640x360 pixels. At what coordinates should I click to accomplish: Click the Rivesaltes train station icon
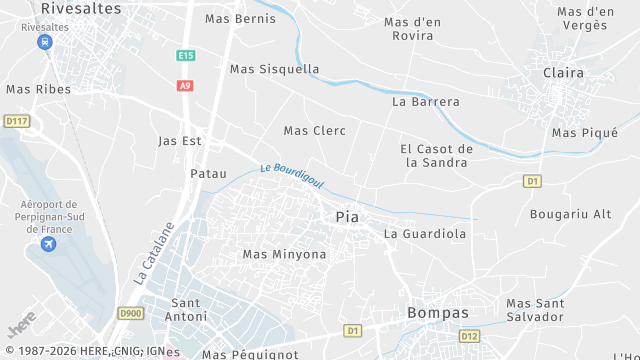tap(44, 42)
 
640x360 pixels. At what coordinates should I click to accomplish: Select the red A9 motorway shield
tap(184, 86)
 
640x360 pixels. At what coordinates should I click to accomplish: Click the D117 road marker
tap(16, 121)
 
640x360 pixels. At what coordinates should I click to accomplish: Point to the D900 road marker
tap(130, 313)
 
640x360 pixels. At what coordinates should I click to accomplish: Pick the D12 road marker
tap(469, 336)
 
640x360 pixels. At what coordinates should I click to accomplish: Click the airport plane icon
tap(47, 244)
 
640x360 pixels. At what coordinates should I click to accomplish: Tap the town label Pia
tap(347, 217)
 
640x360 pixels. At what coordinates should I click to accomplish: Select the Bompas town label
tap(438, 313)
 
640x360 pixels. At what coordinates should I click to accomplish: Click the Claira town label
tap(563, 72)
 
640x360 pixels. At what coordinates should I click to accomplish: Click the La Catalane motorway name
tap(154, 252)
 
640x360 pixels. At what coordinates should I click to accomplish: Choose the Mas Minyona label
tap(284, 254)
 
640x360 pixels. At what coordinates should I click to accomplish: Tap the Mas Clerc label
tap(314, 131)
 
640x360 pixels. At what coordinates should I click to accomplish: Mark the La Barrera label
tap(426, 101)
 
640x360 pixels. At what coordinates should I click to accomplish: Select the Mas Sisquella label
tap(274, 69)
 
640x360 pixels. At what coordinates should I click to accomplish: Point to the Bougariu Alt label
tap(570, 214)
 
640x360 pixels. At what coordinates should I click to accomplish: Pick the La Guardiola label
tap(425, 234)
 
